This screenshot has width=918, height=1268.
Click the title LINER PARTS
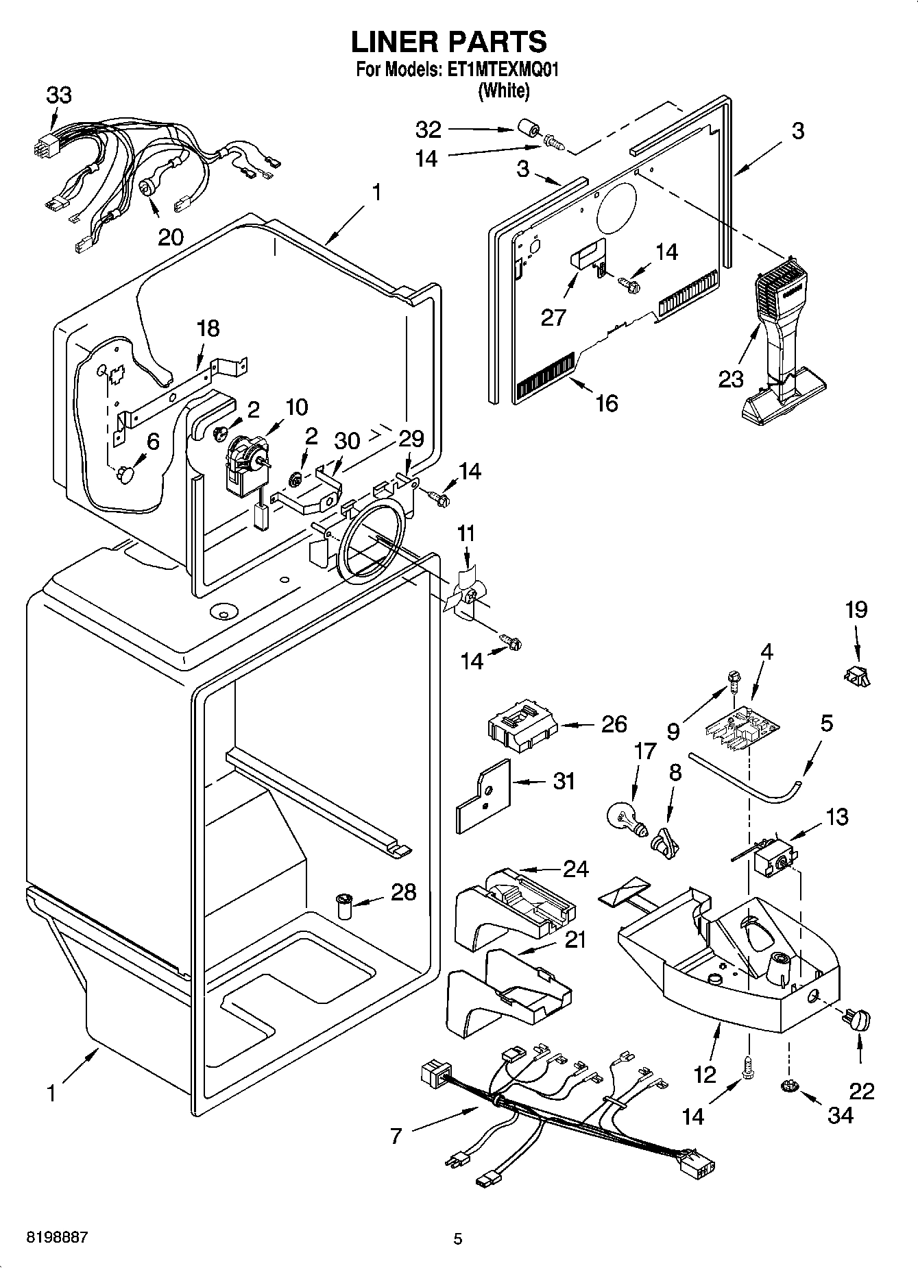[x=449, y=42]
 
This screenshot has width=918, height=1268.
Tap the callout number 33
[x=59, y=95]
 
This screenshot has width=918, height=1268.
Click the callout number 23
[x=730, y=379]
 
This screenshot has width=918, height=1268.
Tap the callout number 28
[x=404, y=892]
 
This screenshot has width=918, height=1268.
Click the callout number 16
[x=607, y=403]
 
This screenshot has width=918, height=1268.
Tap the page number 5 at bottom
[x=458, y=1239]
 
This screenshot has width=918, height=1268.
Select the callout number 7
[x=396, y=1136]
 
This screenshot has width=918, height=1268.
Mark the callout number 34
[x=841, y=1115]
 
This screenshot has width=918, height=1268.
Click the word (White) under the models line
[x=504, y=90]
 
